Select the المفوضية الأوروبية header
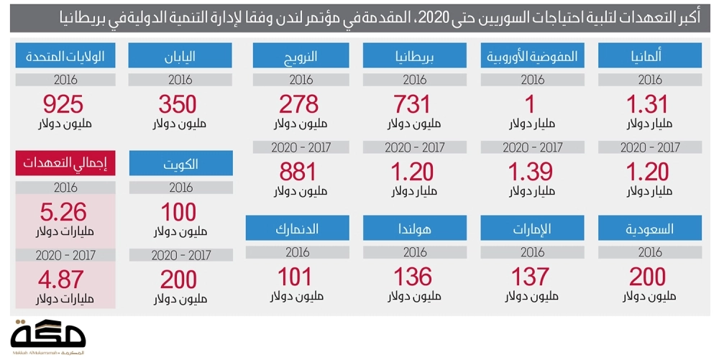click(x=533, y=56)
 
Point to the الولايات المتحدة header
click(x=64, y=56)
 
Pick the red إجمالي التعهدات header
click(x=64, y=163)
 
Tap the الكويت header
click(x=181, y=163)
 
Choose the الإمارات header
click(x=533, y=229)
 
